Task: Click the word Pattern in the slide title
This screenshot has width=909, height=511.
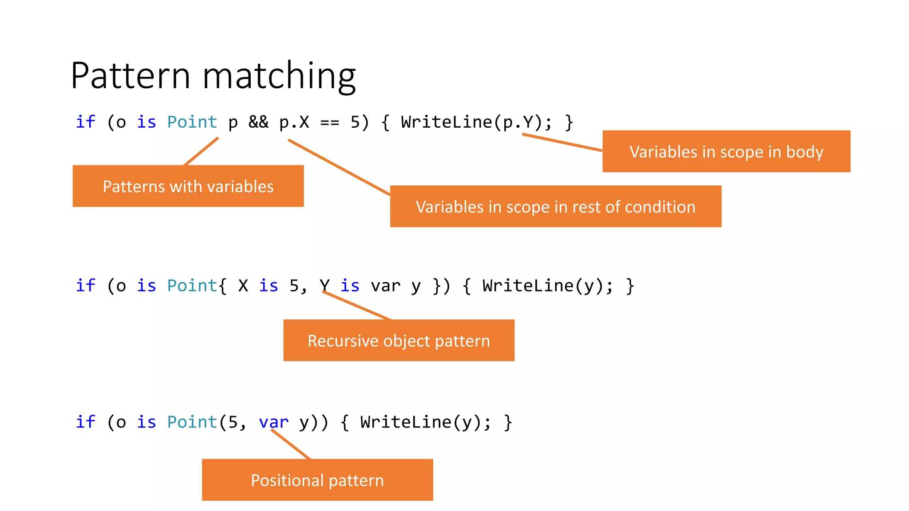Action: [x=130, y=75]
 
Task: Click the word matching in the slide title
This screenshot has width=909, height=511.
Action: [x=279, y=76]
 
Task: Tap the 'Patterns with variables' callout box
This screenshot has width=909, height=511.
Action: [x=188, y=186]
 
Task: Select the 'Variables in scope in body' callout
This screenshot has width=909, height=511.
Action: [x=726, y=152]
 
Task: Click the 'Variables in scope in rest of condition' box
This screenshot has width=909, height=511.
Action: [x=555, y=207]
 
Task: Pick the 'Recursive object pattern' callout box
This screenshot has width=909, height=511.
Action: [x=399, y=341]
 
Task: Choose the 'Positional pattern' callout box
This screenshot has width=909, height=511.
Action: [x=317, y=480]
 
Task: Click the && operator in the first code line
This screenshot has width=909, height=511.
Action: [x=258, y=122]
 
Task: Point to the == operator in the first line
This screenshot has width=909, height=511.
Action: [x=329, y=122]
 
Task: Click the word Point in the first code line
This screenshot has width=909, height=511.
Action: [x=192, y=122]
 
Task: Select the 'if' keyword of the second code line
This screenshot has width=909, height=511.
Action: [x=85, y=286]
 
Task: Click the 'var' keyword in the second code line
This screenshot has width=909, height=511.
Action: [x=385, y=286]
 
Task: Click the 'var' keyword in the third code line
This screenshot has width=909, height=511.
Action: [x=273, y=422]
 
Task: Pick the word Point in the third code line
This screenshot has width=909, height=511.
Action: [x=192, y=422]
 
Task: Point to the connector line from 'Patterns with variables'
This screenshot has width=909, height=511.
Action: [x=201, y=151]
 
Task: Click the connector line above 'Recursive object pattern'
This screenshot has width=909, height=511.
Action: [x=357, y=306]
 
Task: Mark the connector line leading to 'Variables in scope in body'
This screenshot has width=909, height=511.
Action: [x=562, y=142]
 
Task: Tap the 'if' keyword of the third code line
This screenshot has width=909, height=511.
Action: [x=85, y=422]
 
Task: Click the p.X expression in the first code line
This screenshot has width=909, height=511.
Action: [x=294, y=122]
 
